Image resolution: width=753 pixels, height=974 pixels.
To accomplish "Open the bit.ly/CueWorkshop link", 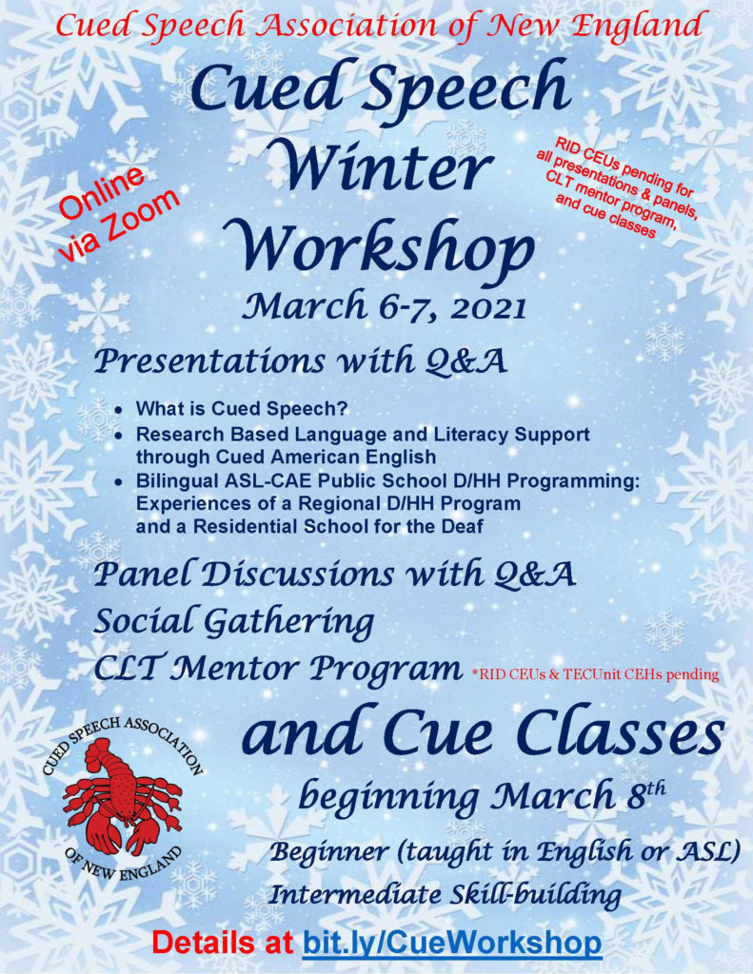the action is pyautogui.click(x=452, y=943).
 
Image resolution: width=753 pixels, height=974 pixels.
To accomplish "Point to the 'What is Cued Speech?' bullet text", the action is pyautogui.click(x=241, y=409).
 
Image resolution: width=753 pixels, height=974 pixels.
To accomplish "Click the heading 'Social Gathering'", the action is pyautogui.click(x=233, y=622).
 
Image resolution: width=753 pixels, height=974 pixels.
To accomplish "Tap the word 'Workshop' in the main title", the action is pyautogui.click(x=385, y=246).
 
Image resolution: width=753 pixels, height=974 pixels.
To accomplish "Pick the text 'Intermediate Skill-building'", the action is pyautogui.click(x=445, y=895).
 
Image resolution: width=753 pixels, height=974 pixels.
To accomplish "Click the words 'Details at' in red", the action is pyautogui.click(x=223, y=943).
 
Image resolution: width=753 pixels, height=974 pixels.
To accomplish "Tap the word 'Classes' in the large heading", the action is pyautogui.click(x=621, y=735).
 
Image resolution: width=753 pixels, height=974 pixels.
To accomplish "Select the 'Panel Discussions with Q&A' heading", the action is pyautogui.click(x=334, y=574).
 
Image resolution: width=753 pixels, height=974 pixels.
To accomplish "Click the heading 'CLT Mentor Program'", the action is pyautogui.click(x=278, y=669).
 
